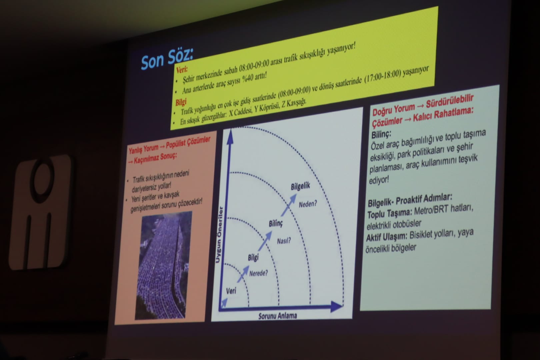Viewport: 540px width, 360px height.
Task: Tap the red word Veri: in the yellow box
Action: [182, 69]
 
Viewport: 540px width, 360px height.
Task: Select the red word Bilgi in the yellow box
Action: [181, 102]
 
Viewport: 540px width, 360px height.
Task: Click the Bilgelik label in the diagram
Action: [300, 186]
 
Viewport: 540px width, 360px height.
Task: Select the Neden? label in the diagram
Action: [308, 204]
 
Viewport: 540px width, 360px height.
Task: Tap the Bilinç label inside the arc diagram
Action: [276, 224]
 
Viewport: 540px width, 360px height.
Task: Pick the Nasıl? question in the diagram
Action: [284, 241]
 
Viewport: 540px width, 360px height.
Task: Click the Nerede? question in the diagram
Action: [258, 273]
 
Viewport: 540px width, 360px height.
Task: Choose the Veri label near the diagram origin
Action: [231, 291]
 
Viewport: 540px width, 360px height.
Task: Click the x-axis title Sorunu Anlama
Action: [278, 316]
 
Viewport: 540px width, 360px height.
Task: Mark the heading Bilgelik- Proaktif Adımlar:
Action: [410, 200]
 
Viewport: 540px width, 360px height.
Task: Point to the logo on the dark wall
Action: [40, 212]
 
